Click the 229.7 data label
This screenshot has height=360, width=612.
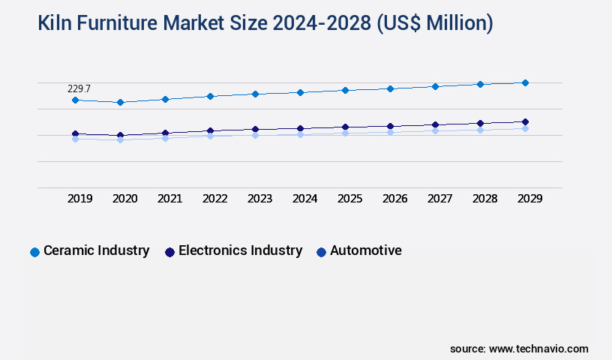(x=79, y=88)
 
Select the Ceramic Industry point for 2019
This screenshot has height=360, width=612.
(x=75, y=100)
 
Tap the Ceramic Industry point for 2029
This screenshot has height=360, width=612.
(x=525, y=82)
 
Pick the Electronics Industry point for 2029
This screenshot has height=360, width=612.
(x=525, y=121)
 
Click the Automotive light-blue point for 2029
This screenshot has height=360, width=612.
(x=525, y=128)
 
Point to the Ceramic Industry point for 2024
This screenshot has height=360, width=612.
(x=300, y=92)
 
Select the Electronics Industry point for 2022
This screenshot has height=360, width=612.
(x=210, y=130)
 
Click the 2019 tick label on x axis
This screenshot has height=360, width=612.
(x=79, y=199)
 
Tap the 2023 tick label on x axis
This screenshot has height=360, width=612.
(x=259, y=199)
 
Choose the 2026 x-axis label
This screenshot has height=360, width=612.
(x=394, y=199)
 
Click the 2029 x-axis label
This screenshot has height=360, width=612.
(x=529, y=199)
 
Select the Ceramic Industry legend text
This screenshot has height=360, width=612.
(x=96, y=250)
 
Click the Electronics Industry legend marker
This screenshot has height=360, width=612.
(x=169, y=252)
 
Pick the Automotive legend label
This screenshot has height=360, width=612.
(x=365, y=250)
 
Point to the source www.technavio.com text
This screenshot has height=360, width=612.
(x=519, y=349)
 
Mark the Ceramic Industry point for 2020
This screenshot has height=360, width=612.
(x=120, y=102)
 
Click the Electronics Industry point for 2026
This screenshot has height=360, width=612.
(x=390, y=126)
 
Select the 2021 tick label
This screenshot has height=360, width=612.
(x=169, y=199)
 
